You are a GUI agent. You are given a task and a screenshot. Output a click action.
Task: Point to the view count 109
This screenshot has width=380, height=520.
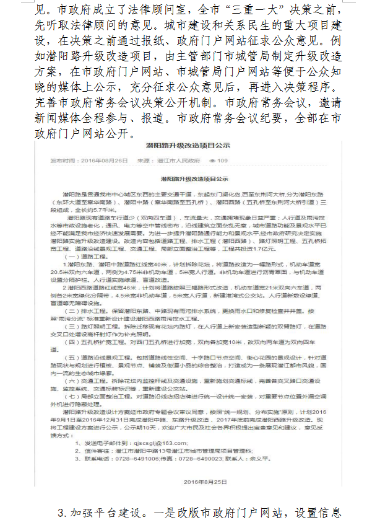pos(222,160)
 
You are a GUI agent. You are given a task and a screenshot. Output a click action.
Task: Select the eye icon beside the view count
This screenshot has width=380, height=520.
pos(212,160)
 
